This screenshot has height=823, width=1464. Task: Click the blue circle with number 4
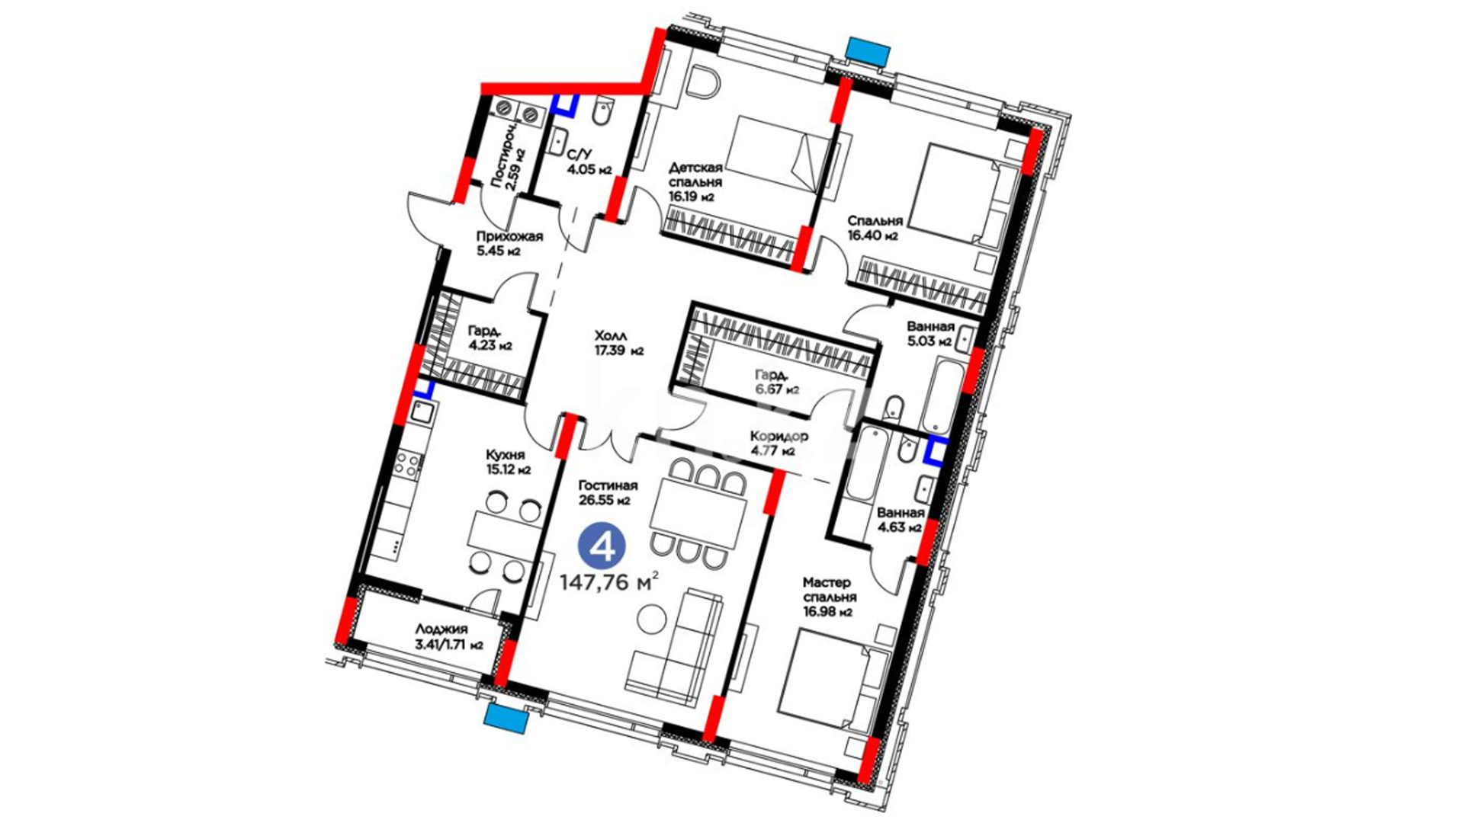tap(602, 546)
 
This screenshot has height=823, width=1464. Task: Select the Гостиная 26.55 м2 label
tap(608, 492)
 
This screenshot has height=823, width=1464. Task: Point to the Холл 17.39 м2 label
tap(619, 343)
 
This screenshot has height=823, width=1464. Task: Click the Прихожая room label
tap(509, 236)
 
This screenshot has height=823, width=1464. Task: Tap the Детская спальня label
tap(695, 175)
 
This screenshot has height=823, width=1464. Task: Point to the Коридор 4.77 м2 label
tap(778, 443)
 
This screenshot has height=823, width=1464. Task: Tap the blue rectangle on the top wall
tap(868, 50)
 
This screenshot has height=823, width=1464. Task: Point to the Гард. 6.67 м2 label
tap(776, 382)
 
